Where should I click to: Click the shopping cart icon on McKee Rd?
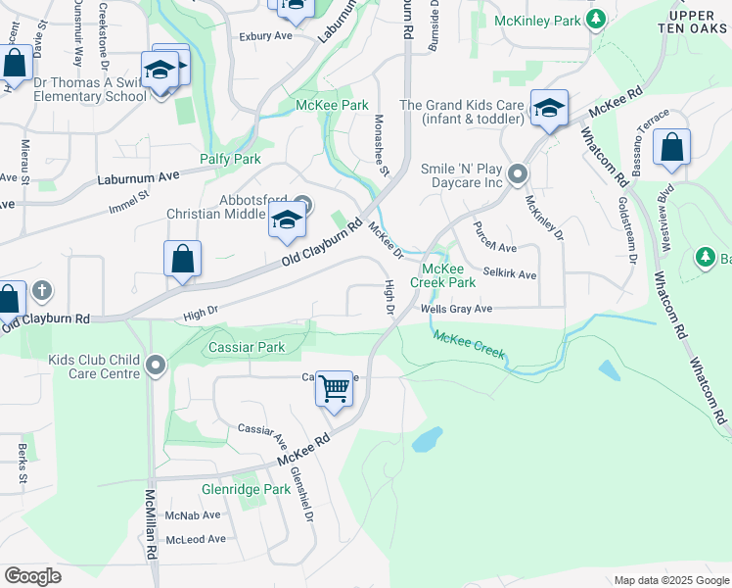tap(335, 390)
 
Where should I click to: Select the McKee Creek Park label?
tap(448, 275)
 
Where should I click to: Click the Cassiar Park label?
tap(246, 348)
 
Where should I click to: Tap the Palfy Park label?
tap(230, 159)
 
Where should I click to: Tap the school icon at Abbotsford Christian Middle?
tap(286, 220)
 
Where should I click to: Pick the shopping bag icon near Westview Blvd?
tap(672, 149)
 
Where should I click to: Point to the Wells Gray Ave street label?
tap(456, 309)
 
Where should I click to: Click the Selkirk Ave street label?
tap(509, 274)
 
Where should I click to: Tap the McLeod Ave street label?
tap(196, 539)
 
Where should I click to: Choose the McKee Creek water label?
tap(468, 345)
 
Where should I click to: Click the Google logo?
tap(32, 575)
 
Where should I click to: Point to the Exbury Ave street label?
tap(266, 35)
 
